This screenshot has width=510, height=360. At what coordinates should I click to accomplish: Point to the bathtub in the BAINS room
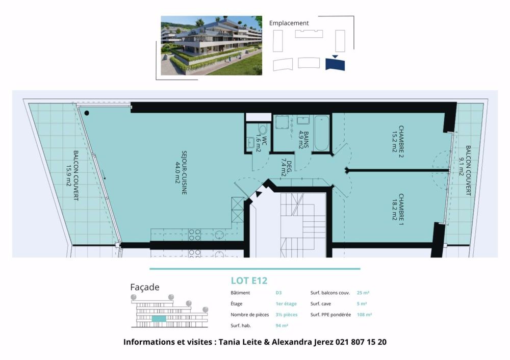321,134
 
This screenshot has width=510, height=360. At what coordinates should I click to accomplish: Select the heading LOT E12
249,280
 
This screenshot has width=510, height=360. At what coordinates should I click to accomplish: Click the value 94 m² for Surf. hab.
282,325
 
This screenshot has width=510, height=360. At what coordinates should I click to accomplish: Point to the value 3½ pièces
286,315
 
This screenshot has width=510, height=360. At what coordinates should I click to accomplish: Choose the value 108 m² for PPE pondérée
364,315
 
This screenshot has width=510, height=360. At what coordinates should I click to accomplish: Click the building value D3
278,293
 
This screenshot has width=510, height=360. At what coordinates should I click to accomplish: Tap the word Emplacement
289,23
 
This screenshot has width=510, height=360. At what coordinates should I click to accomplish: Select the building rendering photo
211,45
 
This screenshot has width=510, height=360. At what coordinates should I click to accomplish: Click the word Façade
145,288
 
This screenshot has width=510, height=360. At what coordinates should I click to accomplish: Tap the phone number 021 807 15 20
361,342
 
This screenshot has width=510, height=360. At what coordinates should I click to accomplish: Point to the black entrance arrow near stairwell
259,193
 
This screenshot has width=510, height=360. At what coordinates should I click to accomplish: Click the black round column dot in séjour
87,113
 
